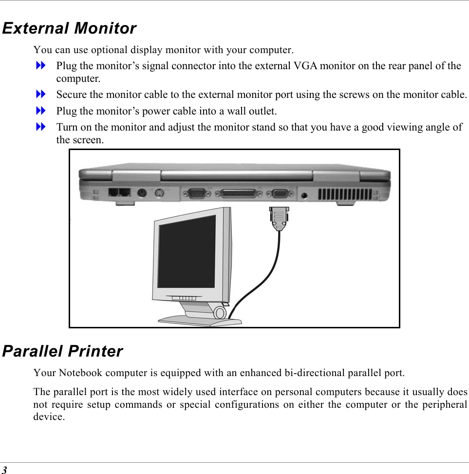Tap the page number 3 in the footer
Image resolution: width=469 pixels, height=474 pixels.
pyautogui.click(x=4, y=470)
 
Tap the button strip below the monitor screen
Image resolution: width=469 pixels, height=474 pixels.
pyautogui.click(x=184, y=298)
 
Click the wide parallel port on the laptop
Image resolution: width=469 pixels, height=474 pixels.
pyautogui.click(x=239, y=194)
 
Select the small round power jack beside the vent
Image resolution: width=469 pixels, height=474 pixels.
pyautogui.click(x=305, y=195)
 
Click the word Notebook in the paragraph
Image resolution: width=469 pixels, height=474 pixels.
pyautogui.click(x=80, y=374)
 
